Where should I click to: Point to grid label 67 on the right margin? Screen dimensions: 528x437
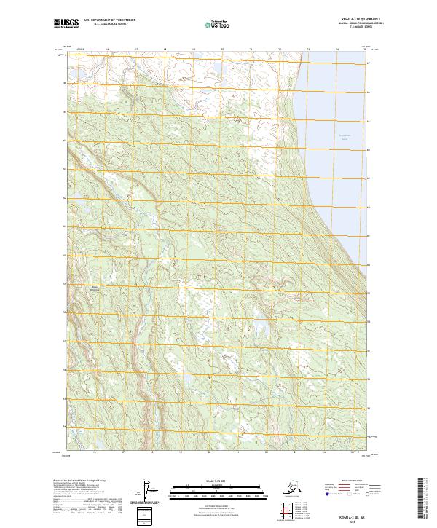pos(369,64)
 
